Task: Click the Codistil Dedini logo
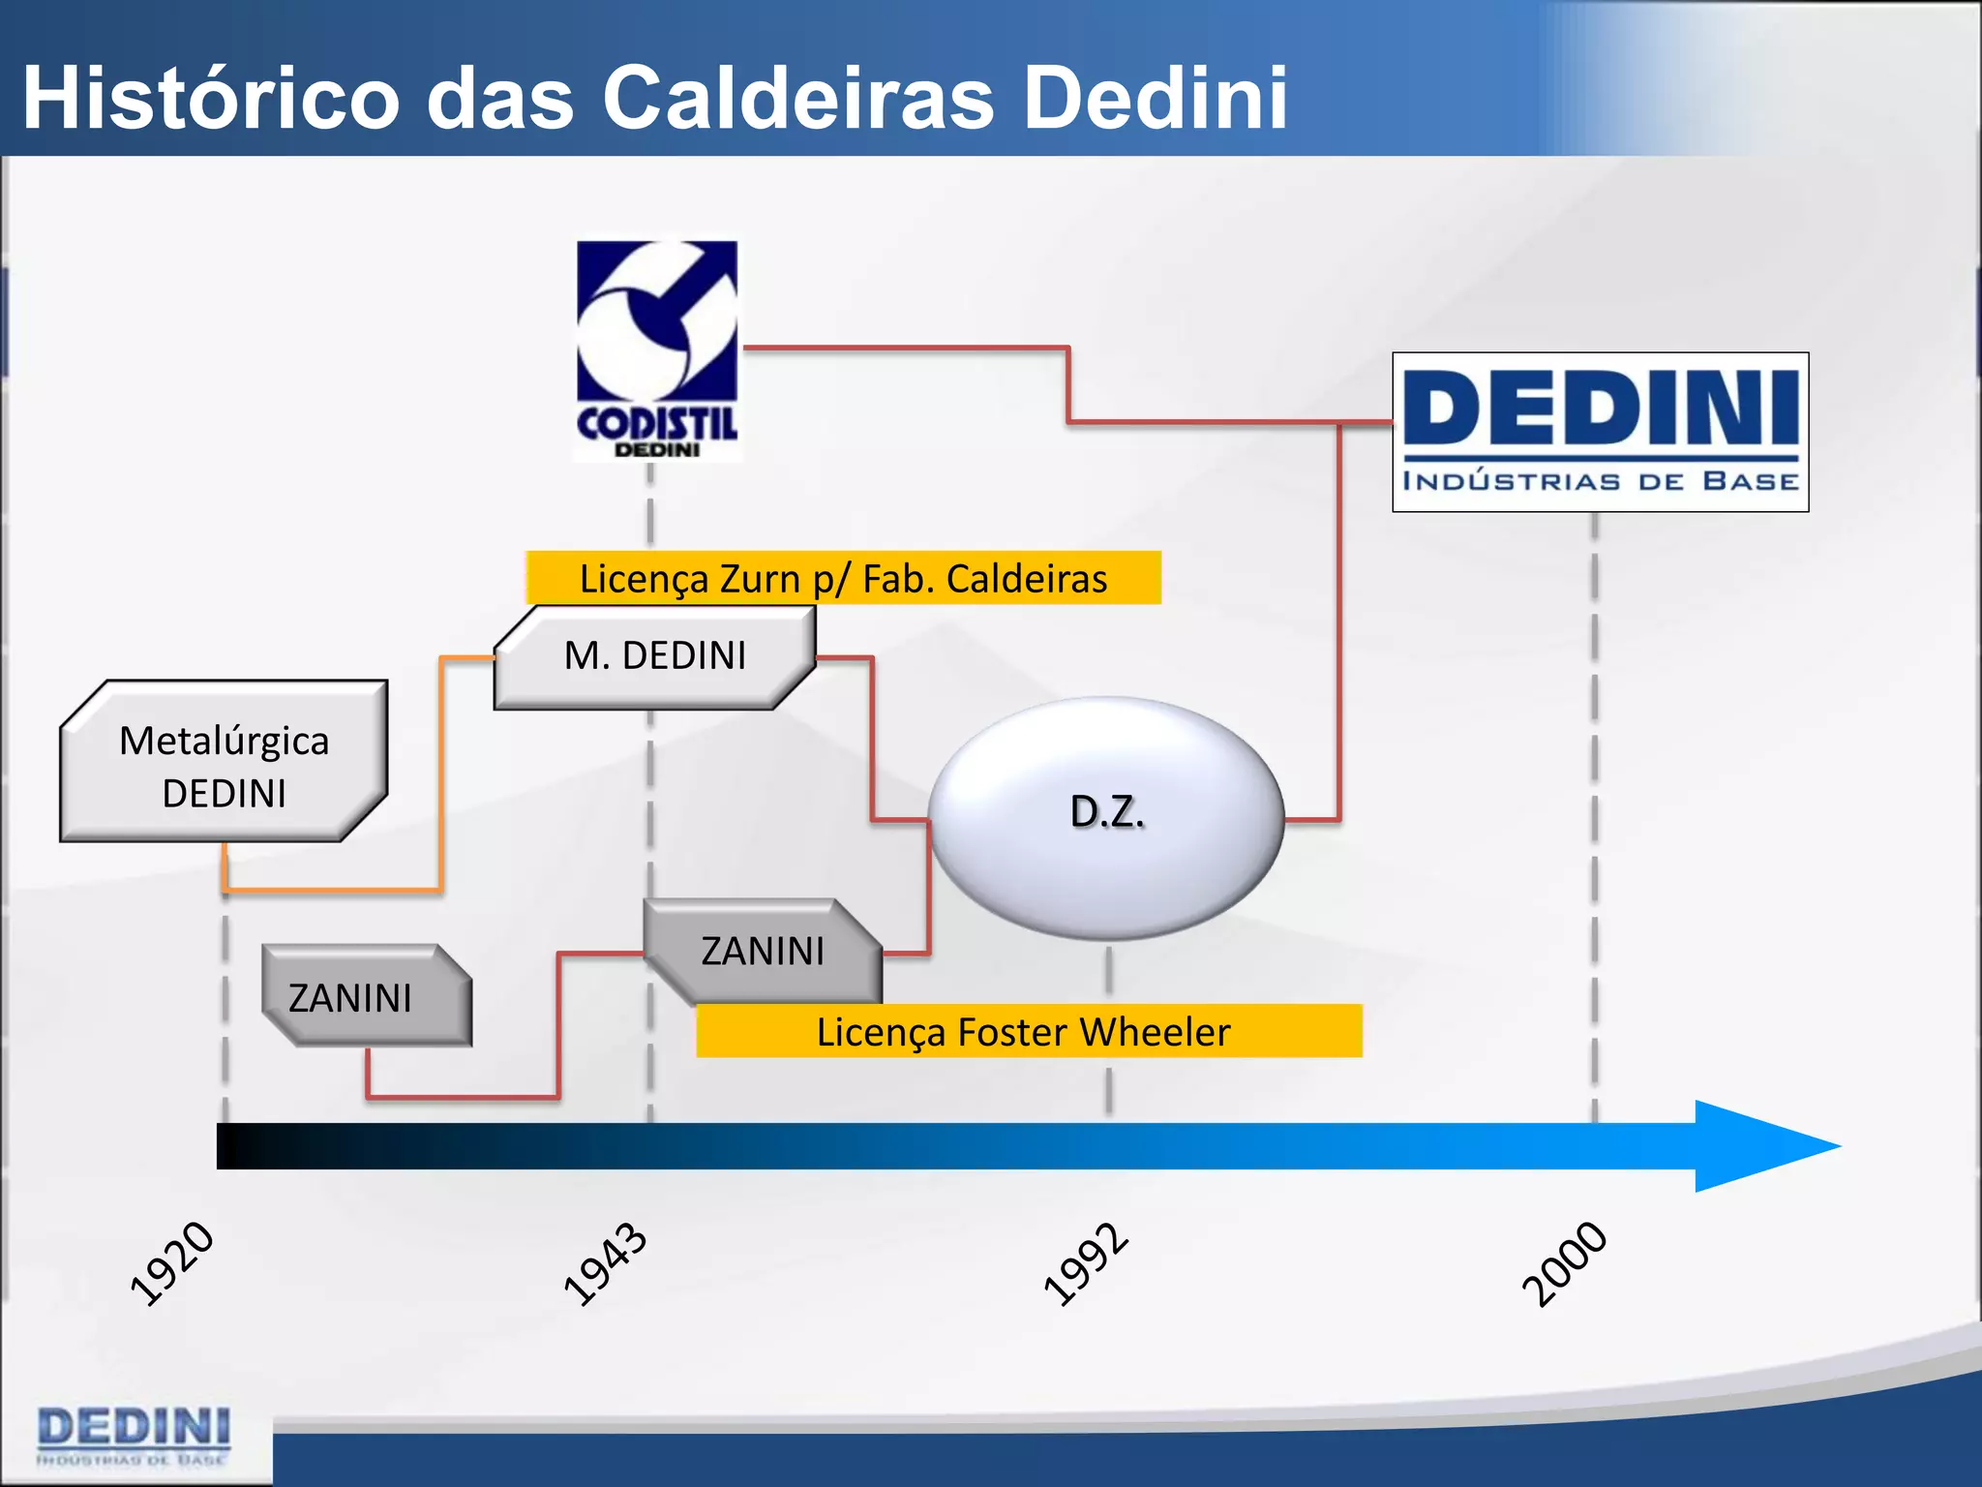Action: pyautogui.click(x=657, y=349)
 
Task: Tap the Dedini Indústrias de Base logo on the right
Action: pyautogui.click(x=1600, y=432)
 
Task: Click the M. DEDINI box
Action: pyautogui.click(x=655, y=656)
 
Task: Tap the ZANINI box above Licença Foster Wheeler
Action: pyautogui.click(x=763, y=950)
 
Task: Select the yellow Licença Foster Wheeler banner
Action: pyautogui.click(x=1028, y=1031)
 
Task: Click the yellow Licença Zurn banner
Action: pyautogui.click(x=843, y=578)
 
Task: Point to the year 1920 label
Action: pyautogui.click(x=172, y=1263)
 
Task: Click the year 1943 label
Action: pyautogui.click(x=606, y=1263)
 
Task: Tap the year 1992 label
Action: pyautogui.click(x=1086, y=1263)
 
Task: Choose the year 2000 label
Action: pyautogui.click(x=1564, y=1263)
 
